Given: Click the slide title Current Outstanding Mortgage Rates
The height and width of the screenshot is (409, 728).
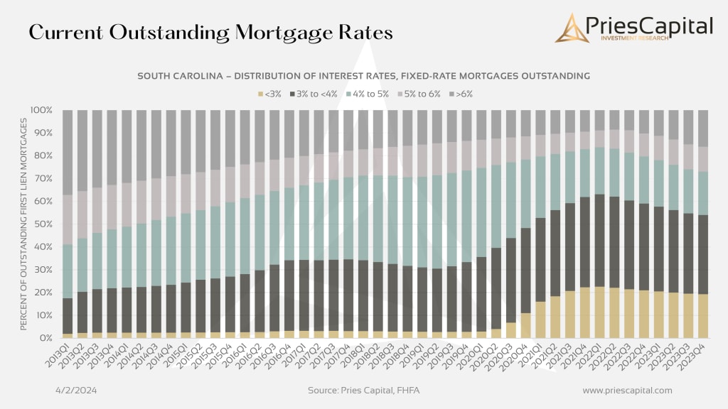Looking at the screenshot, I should [x=210, y=33].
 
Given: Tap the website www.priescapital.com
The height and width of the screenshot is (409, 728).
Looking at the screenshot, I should [x=626, y=391].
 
